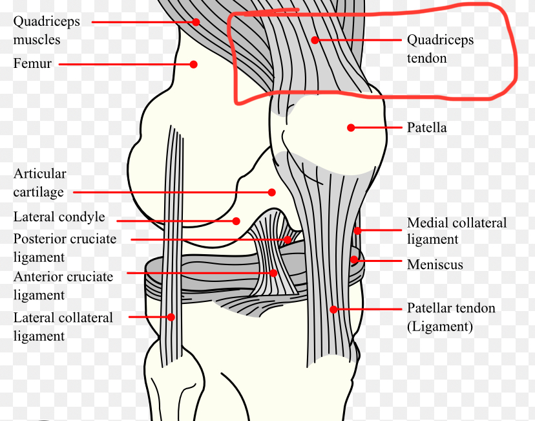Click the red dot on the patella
(351, 127)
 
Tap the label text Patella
(426, 127)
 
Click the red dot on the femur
(193, 64)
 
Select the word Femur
(32, 64)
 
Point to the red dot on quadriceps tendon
(315, 40)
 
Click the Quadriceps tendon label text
(440, 49)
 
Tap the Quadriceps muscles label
(47, 30)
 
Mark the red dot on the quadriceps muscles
(196, 21)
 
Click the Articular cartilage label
(40, 183)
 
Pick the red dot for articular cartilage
(271, 192)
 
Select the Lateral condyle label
(59, 217)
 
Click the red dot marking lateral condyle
(237, 221)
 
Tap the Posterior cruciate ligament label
(65, 248)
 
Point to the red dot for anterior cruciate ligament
(274, 273)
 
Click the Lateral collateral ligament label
(63, 327)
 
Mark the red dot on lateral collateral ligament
(171, 317)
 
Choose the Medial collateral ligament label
(456, 231)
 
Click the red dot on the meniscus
(354, 260)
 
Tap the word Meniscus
(435, 264)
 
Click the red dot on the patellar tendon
(333, 309)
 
